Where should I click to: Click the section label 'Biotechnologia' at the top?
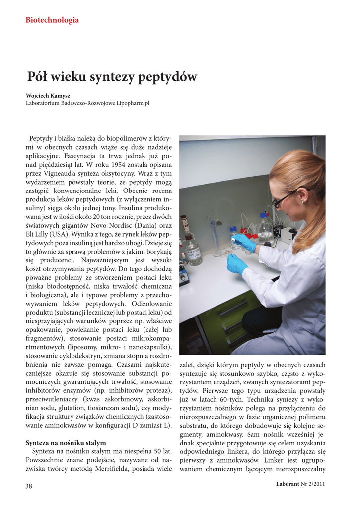52,20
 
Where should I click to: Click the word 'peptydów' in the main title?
167,77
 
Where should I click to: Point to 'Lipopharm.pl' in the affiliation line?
133,103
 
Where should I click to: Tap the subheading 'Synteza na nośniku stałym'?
66,442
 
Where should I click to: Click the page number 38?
29,486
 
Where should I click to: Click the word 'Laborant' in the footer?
288,484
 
